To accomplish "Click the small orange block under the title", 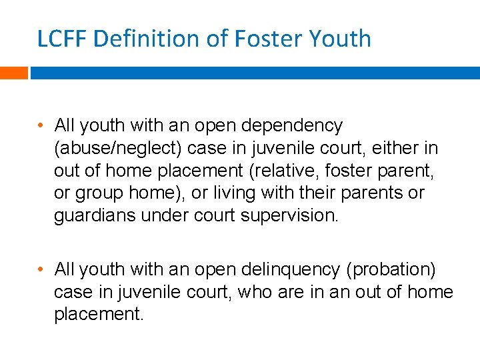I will pyautogui.click(x=13, y=72).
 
